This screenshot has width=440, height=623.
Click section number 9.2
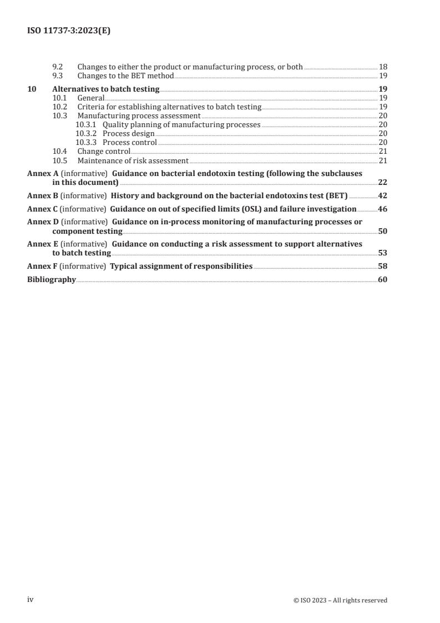click(x=58, y=67)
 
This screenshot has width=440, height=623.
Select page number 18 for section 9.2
click(x=383, y=67)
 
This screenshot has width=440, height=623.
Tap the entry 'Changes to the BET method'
click(x=125, y=76)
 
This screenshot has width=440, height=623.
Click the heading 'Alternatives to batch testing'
click(x=105, y=89)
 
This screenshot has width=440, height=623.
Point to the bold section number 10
click(x=32, y=89)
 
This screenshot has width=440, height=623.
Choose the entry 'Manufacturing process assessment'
click(x=139, y=115)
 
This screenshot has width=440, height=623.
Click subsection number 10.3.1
click(x=86, y=125)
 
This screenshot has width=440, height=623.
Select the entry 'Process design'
click(x=129, y=134)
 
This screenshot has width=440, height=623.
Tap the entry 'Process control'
click(x=130, y=143)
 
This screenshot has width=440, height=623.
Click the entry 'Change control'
click(x=104, y=152)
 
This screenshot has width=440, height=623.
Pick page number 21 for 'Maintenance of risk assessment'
click(x=383, y=161)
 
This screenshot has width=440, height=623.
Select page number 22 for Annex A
click(x=382, y=182)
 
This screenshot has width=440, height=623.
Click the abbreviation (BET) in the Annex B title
click(x=336, y=195)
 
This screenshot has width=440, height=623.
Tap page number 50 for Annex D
click(x=382, y=231)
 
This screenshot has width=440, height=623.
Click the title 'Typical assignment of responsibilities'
click(x=181, y=267)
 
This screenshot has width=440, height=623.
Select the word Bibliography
click(x=51, y=280)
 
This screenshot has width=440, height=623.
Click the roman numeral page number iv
click(x=31, y=600)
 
